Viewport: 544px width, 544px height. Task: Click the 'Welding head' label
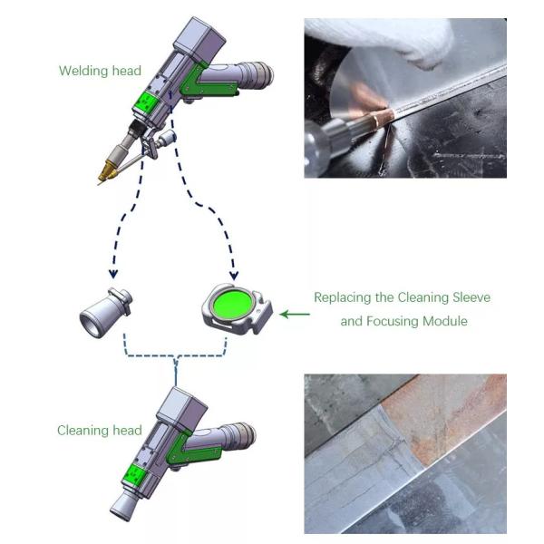tap(100, 71)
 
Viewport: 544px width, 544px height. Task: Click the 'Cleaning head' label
tap(100, 430)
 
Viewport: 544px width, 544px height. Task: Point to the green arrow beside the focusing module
tap(295, 315)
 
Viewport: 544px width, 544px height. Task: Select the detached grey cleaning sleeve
tap(105, 313)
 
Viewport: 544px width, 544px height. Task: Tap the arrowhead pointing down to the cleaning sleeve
tap(113, 274)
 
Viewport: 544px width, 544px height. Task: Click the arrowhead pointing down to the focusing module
tap(234, 276)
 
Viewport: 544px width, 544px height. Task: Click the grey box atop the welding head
tap(199, 38)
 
